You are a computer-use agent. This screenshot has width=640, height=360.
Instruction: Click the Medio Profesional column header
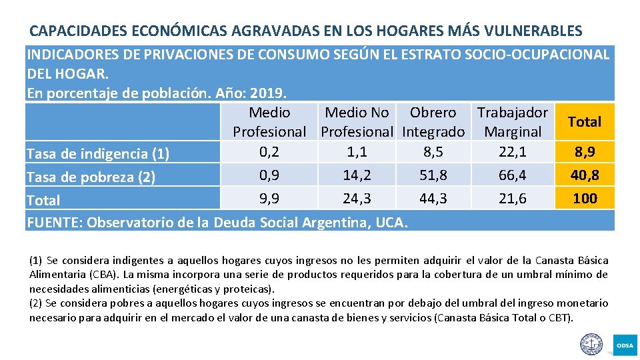click(269, 122)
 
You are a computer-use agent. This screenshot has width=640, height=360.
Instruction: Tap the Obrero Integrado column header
click(433, 122)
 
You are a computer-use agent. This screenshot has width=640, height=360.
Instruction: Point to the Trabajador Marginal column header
click(513, 122)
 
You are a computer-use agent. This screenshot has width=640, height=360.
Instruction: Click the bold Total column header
click(585, 122)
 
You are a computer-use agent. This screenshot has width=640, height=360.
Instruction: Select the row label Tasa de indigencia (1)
click(97, 155)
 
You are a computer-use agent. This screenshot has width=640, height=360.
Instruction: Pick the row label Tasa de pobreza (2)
click(90, 177)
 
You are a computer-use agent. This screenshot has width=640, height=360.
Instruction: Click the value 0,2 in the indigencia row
click(269, 152)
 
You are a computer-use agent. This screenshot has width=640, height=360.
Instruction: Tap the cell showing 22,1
click(513, 152)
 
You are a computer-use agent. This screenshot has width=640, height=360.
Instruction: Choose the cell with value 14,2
click(357, 175)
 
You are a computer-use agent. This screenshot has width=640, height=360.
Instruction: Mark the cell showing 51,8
click(433, 175)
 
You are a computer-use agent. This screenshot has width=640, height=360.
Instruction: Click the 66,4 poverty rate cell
click(513, 175)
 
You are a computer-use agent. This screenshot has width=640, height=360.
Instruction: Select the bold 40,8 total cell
click(585, 175)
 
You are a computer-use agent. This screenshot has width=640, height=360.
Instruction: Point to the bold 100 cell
click(585, 199)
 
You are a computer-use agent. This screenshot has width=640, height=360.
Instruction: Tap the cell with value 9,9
click(269, 198)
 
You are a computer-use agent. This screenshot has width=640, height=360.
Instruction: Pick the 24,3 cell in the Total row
click(357, 198)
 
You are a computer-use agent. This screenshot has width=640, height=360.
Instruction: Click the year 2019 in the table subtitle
click(269, 93)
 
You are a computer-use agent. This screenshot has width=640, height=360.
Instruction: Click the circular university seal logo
click(591, 344)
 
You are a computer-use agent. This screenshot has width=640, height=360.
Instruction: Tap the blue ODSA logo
click(625, 345)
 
